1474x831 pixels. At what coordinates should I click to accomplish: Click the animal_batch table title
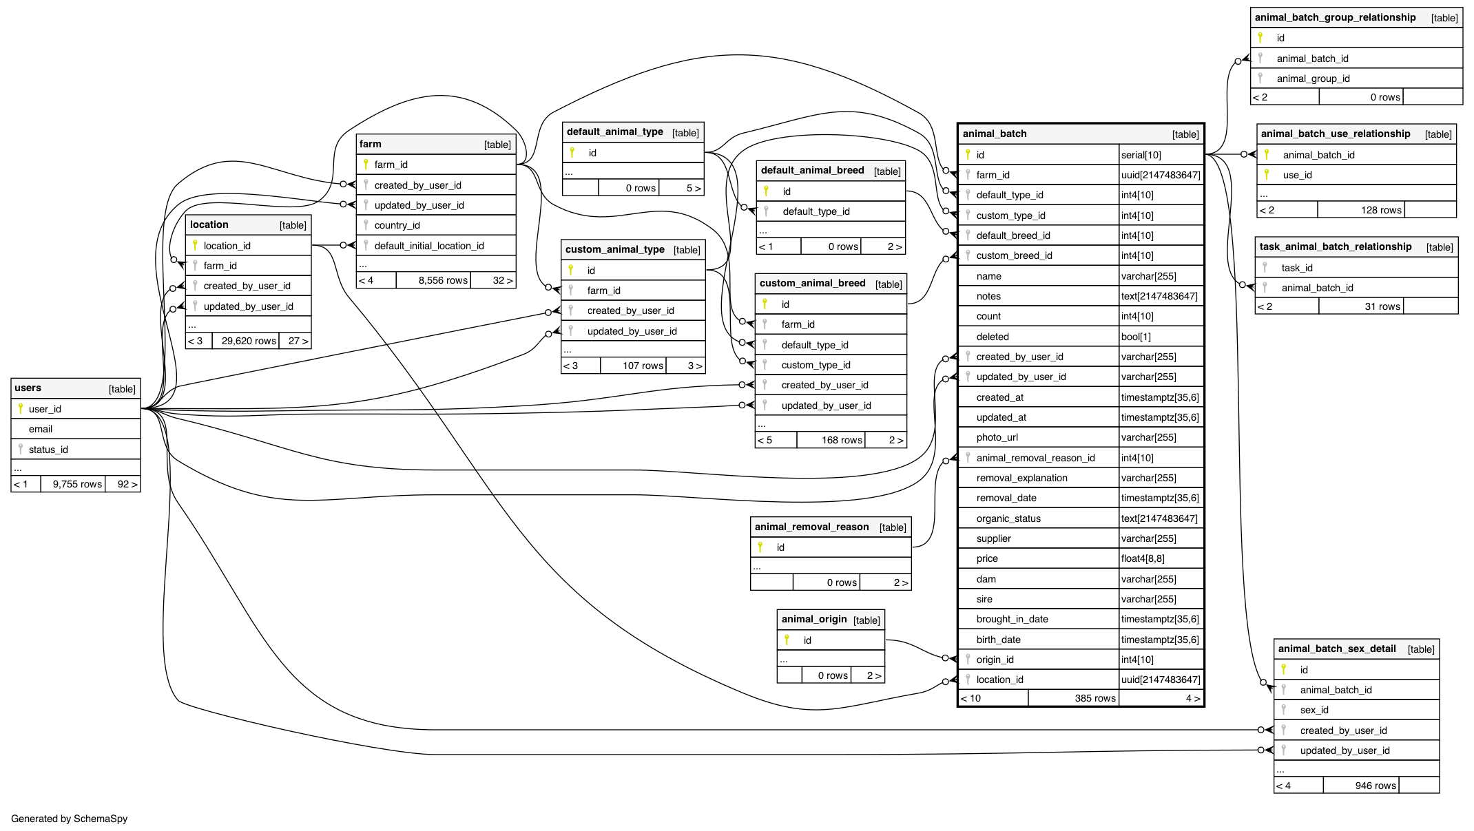994,134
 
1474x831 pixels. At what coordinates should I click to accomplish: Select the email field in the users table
41,429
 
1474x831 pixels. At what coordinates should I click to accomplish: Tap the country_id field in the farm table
397,225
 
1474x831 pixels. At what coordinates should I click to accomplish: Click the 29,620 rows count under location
249,341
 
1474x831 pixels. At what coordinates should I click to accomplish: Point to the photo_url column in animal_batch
997,437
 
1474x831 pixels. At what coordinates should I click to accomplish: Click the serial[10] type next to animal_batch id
1141,155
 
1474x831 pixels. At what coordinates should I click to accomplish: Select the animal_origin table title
813,619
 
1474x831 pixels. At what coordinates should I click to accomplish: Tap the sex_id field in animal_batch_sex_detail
1314,710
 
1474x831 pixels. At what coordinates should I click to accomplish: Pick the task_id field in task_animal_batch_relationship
1296,268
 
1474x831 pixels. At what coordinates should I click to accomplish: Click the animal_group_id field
1313,78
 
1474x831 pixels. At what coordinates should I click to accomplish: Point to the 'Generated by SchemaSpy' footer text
69,819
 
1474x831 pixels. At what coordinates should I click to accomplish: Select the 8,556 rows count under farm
443,280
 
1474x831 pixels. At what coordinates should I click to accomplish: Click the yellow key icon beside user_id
21,408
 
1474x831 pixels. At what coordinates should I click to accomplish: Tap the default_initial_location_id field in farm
428,246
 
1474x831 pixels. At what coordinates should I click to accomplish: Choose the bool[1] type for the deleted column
1135,337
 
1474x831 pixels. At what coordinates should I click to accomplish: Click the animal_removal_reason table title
811,527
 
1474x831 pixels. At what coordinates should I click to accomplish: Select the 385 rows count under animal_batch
1094,698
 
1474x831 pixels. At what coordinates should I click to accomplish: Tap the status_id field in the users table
48,450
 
